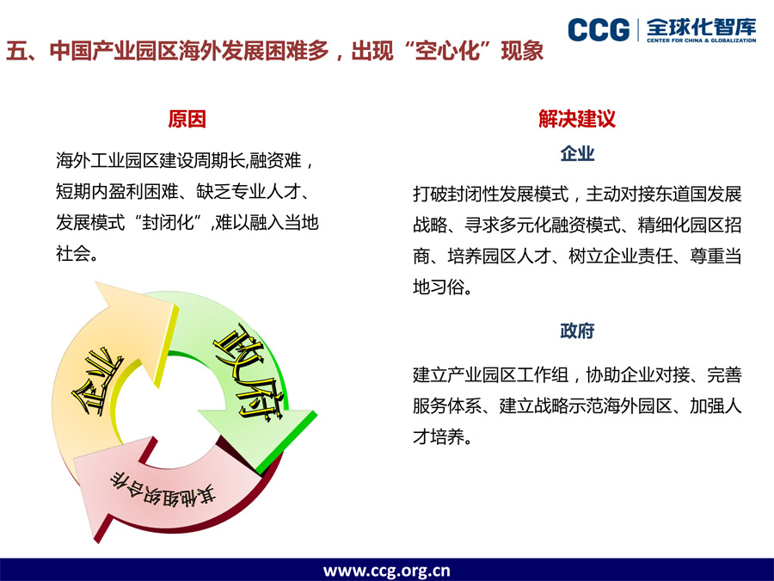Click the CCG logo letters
[x=599, y=29]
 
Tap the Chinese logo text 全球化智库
[x=701, y=27]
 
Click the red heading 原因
[x=187, y=119]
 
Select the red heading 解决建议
[x=577, y=119]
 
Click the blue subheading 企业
[x=577, y=154]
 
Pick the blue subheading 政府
[x=577, y=331]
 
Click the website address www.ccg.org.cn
[x=386, y=570]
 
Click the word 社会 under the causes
[x=73, y=253]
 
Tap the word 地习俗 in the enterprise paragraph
[x=439, y=287]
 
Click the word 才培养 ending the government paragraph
[x=439, y=436]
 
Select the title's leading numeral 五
[x=15, y=51]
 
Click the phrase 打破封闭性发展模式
[x=491, y=195]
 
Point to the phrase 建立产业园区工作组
[x=491, y=375]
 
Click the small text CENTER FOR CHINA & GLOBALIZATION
[x=702, y=40]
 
